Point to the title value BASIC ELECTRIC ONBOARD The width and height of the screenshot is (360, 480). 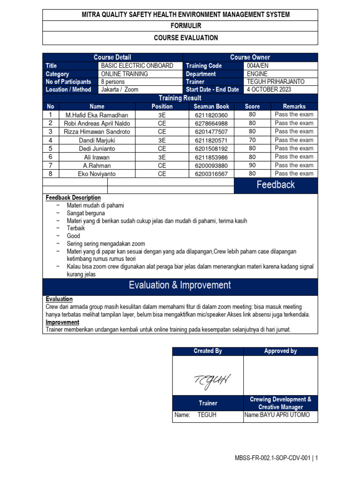(137, 66)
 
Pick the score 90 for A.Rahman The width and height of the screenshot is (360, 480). (252, 165)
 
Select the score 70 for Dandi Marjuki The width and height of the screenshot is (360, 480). (252, 140)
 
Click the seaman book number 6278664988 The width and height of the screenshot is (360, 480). (211, 123)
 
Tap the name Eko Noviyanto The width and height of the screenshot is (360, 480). (97, 174)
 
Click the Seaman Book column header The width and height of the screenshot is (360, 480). (211, 106)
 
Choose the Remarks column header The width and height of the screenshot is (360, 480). (294, 106)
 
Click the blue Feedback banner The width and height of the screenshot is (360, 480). (276, 185)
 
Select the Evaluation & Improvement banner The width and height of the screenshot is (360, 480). (180, 285)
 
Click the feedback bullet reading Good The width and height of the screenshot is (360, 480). (73, 236)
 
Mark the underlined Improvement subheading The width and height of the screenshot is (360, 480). (62, 322)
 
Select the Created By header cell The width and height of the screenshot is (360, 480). (208, 351)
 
